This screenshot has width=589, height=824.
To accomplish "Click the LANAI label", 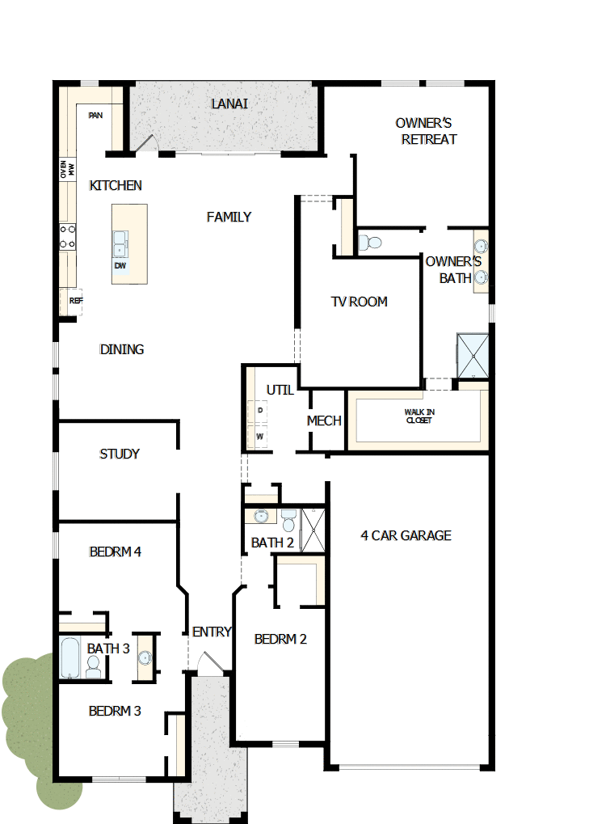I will tap(229, 104).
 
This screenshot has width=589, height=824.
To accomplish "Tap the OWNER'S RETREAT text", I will tap(428, 131).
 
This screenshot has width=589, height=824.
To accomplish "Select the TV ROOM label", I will tap(359, 302).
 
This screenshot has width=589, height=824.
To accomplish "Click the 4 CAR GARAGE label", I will tap(406, 535).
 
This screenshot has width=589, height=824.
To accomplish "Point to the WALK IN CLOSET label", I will tap(419, 416).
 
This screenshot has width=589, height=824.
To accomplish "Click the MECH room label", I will tap(324, 421).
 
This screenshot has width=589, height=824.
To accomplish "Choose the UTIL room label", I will tap(280, 391).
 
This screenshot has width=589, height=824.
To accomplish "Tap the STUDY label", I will tap(120, 454).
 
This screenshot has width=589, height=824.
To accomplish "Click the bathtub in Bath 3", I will tap(70, 658).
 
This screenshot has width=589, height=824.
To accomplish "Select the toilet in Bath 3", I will tap(93, 667).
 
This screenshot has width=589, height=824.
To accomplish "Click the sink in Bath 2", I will tap(261, 517).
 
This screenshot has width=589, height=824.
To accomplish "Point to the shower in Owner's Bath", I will tap(472, 355).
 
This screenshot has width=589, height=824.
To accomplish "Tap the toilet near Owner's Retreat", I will tap(370, 242).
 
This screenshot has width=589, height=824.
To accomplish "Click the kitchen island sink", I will tap(120, 241).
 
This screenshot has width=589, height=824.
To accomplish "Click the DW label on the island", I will tap(120, 265).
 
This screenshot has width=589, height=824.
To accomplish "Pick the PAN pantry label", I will tap(95, 116).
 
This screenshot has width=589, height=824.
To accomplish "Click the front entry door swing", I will tap(208, 665).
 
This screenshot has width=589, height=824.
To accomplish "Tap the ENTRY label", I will tap(212, 632).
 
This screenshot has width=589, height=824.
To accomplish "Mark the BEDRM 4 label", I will tap(116, 552).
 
